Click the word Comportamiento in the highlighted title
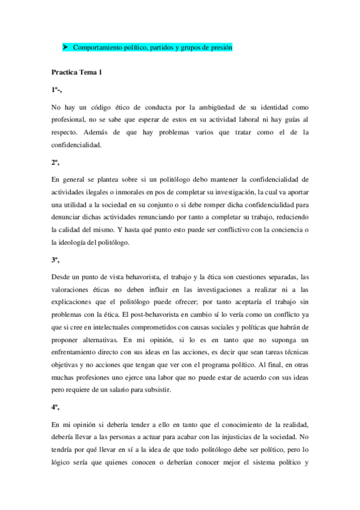click(x=93, y=48)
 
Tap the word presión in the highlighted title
click(x=220, y=48)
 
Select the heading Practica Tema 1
click(x=76, y=72)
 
